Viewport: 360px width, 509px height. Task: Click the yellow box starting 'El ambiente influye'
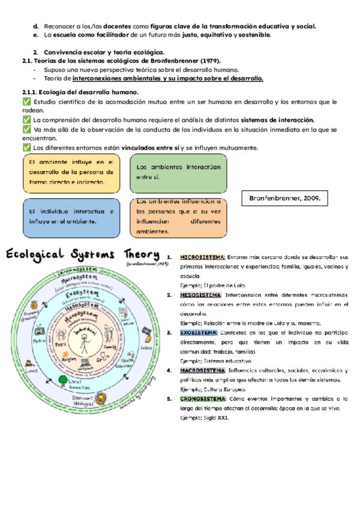pyautogui.click(x=70, y=172)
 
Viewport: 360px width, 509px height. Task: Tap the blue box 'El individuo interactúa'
pyautogui.click(x=70, y=217)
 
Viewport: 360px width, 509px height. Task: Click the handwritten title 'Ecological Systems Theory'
pyautogui.click(x=83, y=254)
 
